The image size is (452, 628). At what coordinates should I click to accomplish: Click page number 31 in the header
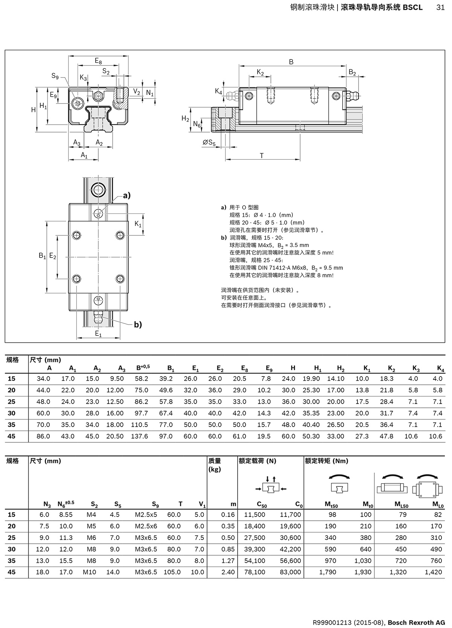coord(440,8)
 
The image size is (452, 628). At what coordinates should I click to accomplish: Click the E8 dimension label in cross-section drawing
coord(98,61)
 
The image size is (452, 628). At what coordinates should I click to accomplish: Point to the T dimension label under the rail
coord(261,155)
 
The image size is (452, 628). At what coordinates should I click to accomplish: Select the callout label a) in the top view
coord(127,195)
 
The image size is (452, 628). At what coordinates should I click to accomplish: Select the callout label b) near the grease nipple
coord(138,325)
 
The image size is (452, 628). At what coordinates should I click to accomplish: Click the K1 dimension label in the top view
coord(138,224)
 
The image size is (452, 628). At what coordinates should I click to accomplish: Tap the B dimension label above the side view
coord(291,62)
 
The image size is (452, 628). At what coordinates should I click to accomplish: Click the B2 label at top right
coord(352,72)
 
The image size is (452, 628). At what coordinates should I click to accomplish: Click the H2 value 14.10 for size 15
coord(335,379)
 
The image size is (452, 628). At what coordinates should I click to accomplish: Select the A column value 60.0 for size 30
coord(43,413)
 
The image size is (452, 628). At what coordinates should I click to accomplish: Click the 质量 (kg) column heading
coord(215,465)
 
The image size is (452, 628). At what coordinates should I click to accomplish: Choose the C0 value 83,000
coord(290,572)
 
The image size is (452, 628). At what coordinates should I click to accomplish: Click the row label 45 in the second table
coord(12,572)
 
